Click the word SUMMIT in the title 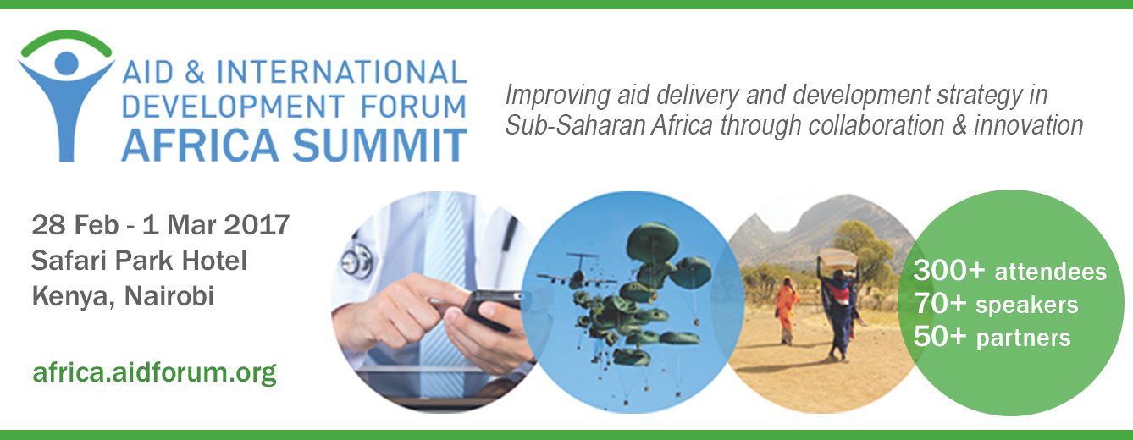pyautogui.click(x=380, y=146)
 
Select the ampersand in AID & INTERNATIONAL pyautogui.click(x=194, y=72)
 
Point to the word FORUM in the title pyautogui.click(x=413, y=107)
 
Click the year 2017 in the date pyautogui.click(x=257, y=225)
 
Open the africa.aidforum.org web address pyautogui.click(x=154, y=373)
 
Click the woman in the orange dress pyautogui.click(x=787, y=309)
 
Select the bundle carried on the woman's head pyautogui.click(x=837, y=258)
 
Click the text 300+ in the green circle pyautogui.click(x=949, y=270)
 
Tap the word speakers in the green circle pyautogui.click(x=1027, y=305)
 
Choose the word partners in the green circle pyautogui.click(x=1023, y=338)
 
